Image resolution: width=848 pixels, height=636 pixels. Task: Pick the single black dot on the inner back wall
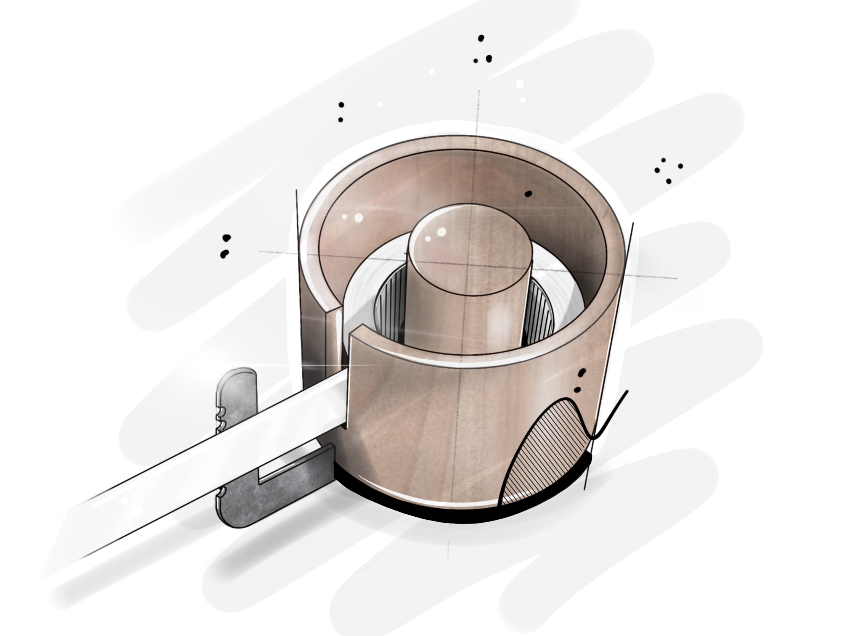pyautogui.click(x=528, y=194)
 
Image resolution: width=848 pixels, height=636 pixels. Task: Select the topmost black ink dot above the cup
pyautogui.click(x=481, y=39)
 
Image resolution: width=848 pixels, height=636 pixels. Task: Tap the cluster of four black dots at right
pyautogui.click(x=668, y=170)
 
